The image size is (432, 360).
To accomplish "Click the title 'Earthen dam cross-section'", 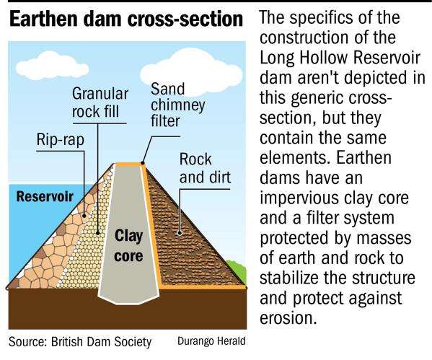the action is pyautogui.click(x=126, y=19).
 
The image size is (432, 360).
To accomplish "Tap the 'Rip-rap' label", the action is pyautogui.click(x=61, y=139).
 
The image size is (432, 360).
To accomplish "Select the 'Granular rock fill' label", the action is pyautogui.click(x=100, y=102).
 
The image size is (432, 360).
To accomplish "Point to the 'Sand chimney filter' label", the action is pyautogui.click(x=177, y=105).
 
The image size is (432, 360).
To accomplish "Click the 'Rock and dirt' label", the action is pyautogui.click(x=205, y=168).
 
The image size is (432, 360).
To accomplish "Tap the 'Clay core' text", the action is pyautogui.click(x=128, y=245).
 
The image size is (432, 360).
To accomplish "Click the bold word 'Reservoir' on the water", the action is pyautogui.click(x=45, y=196).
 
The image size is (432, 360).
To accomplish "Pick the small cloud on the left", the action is pyautogui.click(x=52, y=66).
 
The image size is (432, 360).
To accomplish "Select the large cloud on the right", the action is pyautogui.click(x=191, y=71).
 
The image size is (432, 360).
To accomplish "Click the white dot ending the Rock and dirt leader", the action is pyautogui.click(x=180, y=233).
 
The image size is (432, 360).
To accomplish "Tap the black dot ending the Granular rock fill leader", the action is pyautogui.click(x=97, y=232).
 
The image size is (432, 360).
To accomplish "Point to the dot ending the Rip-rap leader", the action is pyautogui.click(x=84, y=216).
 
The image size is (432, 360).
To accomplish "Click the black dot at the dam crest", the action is pyautogui.click(x=143, y=163).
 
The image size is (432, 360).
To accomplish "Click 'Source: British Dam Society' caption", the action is pyautogui.click(x=80, y=342).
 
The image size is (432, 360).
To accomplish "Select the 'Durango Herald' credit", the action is pyautogui.click(x=211, y=341).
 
